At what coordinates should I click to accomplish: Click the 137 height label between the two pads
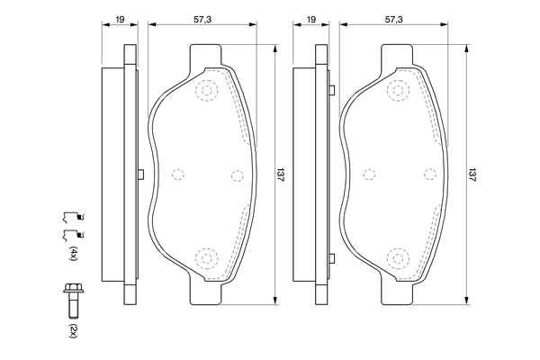click(280, 175)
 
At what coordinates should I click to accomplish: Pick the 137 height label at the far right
click(472, 175)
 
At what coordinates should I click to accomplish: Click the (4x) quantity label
click(74, 253)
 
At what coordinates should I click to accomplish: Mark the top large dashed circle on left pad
click(208, 90)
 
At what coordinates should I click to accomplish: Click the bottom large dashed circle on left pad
click(208, 259)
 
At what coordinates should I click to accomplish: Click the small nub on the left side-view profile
click(140, 175)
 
